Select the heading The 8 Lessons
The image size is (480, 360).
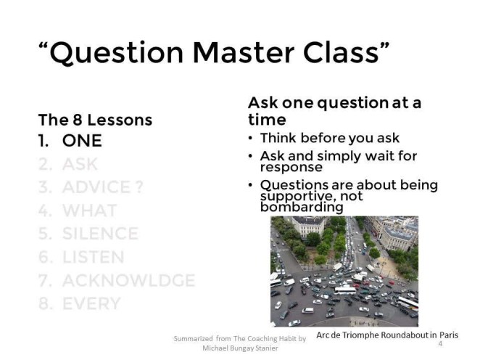coord(95,120)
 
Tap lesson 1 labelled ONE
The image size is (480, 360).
coord(82,141)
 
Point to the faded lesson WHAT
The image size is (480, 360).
coord(89,210)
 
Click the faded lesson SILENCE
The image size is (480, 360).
coord(100,234)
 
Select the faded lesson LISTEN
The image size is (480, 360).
coord(93,257)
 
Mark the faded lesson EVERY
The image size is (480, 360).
coord(91,303)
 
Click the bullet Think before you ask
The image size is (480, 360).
coord(329,138)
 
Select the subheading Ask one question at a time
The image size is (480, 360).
coord(334,110)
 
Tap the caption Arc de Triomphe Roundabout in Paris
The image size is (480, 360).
coord(386,335)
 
